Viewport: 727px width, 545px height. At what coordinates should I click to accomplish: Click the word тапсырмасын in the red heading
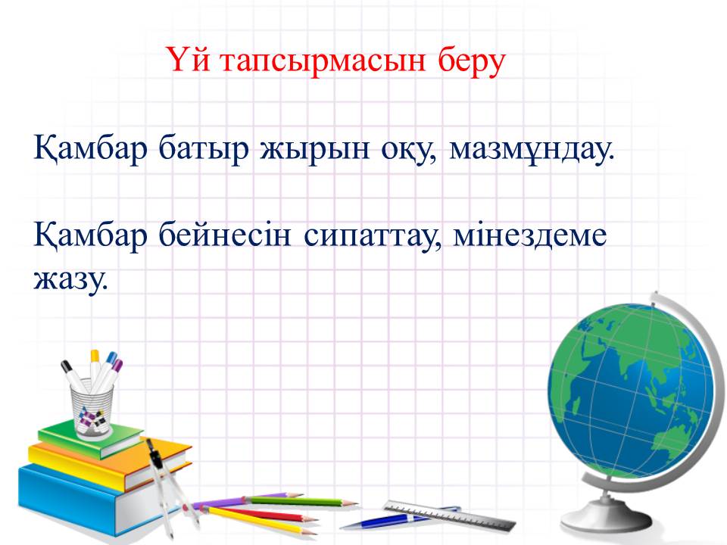point(323,61)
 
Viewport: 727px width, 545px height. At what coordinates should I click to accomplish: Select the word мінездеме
point(529,235)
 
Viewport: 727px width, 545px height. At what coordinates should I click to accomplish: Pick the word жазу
point(70,279)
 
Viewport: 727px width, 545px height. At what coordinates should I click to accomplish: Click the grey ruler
point(450,515)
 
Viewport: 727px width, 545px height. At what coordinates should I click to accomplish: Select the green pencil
point(301,500)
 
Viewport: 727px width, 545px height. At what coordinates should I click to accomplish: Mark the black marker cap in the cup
point(66,366)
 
